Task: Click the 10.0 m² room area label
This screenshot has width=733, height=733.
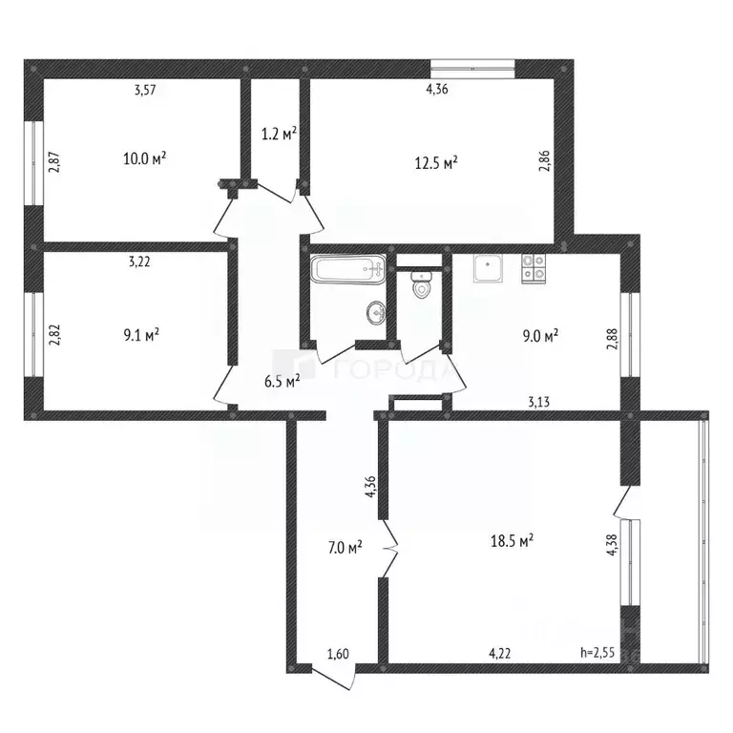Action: coord(145,158)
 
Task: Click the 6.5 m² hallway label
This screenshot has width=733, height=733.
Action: coord(283,380)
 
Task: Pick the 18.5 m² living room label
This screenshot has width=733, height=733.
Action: coord(511,540)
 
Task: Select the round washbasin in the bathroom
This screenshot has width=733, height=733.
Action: coord(377,311)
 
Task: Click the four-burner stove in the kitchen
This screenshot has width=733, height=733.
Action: coord(533,267)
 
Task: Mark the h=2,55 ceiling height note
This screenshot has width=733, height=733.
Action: coord(597,654)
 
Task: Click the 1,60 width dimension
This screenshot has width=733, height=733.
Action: coord(337,654)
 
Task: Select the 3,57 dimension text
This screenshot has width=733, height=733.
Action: coord(144,91)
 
